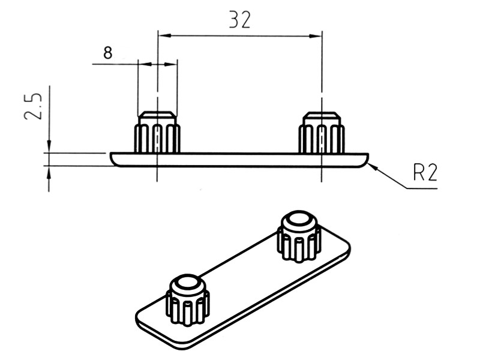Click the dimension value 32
pyautogui.click(x=240, y=20)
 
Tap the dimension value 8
pyautogui.click(x=108, y=53)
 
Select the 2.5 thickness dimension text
pyautogui.click(x=32, y=106)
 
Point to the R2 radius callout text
pyautogui.click(x=425, y=173)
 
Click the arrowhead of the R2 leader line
pyautogui.click(x=373, y=166)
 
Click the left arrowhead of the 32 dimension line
pyautogui.click(x=164, y=36)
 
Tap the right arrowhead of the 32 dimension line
pyautogui.click(x=316, y=36)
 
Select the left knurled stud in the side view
pyautogui.click(x=157, y=132)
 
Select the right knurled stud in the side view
pyautogui.click(x=322, y=132)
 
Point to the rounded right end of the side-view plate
pyautogui.click(x=365, y=160)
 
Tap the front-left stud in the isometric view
pyautogui.click(x=188, y=300)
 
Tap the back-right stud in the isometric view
pyautogui.click(x=299, y=236)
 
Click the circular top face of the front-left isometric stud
pyautogui.click(x=188, y=282)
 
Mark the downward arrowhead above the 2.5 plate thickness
pyautogui.click(x=49, y=146)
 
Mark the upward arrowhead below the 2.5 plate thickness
pyautogui.click(x=49, y=172)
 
